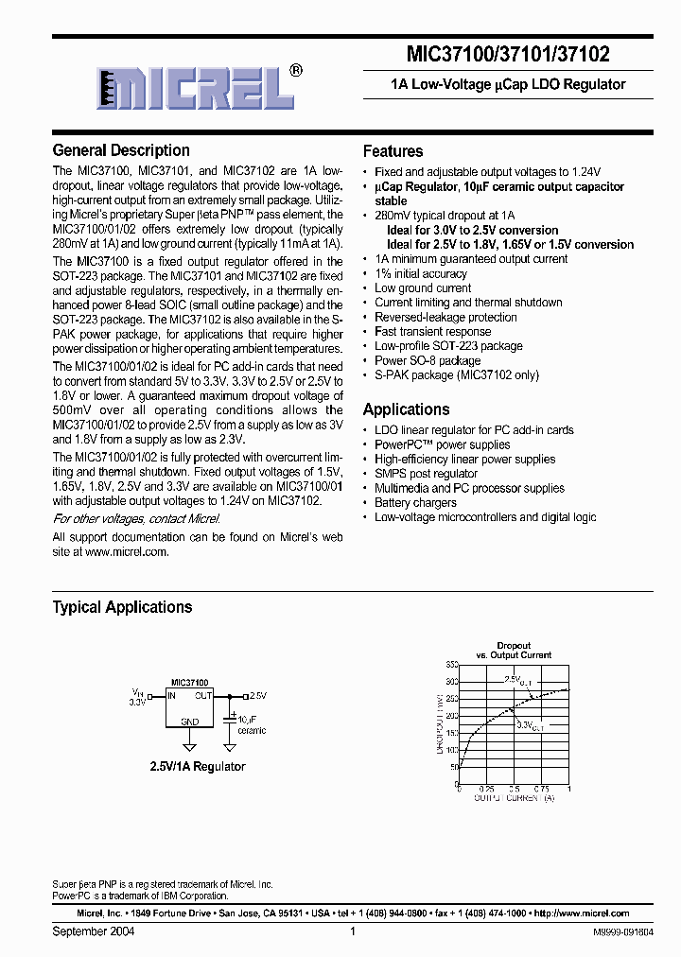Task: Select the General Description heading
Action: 121,150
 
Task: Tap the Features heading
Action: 393,151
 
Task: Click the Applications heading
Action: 406,409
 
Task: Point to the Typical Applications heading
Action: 122,607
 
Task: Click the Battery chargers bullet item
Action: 414,503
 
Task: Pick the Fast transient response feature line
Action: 432,332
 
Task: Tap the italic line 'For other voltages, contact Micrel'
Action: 136,519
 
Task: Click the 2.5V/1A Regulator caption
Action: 198,766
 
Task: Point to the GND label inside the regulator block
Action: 190,722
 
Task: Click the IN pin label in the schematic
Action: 171,695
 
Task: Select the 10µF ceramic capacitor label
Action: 252,724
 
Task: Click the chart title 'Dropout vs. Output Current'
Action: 515,651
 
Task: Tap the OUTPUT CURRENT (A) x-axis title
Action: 515,798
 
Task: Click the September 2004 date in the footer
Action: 93,931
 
